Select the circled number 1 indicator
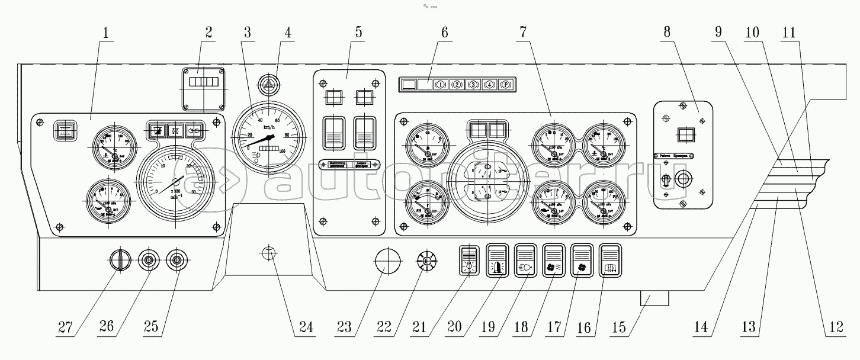coord(441,85)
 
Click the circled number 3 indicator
coord(474,85)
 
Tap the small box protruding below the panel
coord(654,298)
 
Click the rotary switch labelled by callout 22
coord(425,261)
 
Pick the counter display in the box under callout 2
coord(204,81)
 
